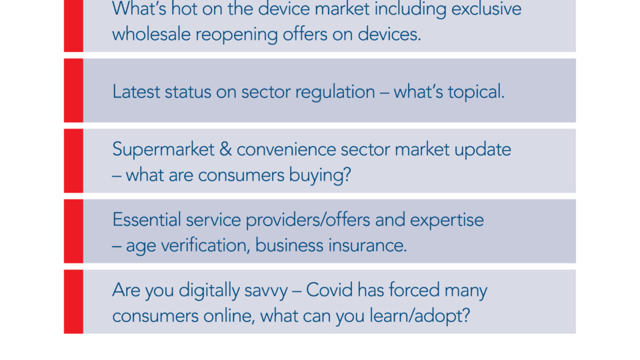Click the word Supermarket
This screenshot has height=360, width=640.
coord(163,150)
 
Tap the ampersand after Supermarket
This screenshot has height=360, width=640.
coord(225,149)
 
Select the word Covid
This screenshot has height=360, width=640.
coord(329,290)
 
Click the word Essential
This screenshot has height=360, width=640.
coord(146,219)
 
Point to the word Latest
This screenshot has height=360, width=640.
coord(136,91)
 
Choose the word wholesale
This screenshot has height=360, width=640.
coord(151,34)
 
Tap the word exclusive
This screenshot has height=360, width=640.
coord(486,9)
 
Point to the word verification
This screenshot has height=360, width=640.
coord(205,245)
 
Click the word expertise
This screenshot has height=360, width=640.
coord(447,221)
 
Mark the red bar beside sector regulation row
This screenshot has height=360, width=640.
coord(73,90)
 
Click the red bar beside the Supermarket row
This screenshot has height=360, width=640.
coord(73,161)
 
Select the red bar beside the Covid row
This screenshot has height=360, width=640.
coord(73,301)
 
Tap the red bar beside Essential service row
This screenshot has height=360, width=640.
coord(73,231)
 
